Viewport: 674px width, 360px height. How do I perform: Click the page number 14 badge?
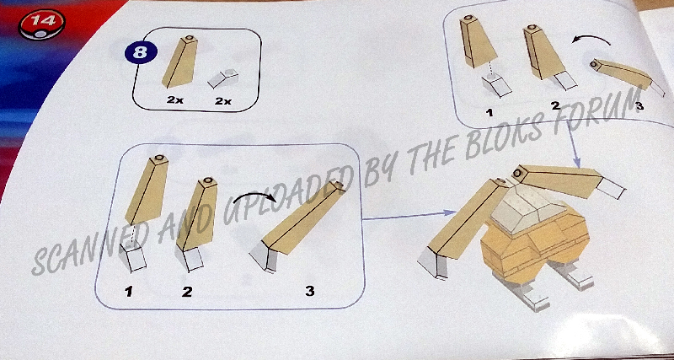click(41, 24)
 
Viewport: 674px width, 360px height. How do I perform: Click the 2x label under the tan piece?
click(175, 100)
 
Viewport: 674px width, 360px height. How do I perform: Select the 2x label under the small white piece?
click(223, 101)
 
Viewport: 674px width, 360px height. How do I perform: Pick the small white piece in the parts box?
click(223, 78)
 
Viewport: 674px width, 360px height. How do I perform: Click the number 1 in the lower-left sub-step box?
click(129, 292)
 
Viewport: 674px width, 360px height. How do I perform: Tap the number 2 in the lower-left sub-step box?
click(186, 292)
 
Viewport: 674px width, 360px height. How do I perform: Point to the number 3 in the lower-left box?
click(310, 291)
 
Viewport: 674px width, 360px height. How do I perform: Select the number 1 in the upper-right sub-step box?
click(489, 113)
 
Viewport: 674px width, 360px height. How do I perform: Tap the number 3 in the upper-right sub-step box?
click(639, 105)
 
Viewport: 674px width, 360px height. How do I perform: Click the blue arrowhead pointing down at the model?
click(577, 163)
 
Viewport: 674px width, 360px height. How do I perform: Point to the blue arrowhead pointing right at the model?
click(451, 212)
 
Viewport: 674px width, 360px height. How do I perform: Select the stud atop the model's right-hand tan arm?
click(516, 174)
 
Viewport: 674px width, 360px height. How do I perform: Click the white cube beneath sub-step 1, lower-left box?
click(133, 255)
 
